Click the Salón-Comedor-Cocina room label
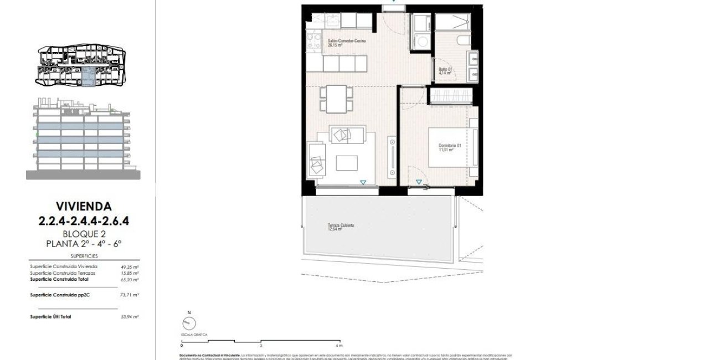coord(346,41)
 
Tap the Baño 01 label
coord(445,69)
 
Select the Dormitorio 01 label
coord(450,146)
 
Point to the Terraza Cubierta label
coord(340,226)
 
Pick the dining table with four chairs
coord(336,99)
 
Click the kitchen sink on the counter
coord(332,21)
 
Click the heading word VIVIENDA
coord(83,207)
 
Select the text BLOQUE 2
coord(84,234)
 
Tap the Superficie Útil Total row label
coord(50,316)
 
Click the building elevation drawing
coord(83,138)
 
